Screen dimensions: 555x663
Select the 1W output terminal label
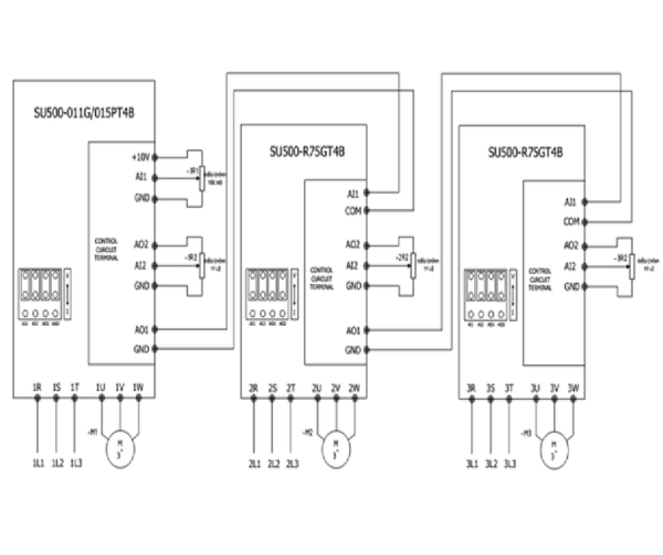pos(138,387)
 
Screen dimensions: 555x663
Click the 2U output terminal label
pos(317,387)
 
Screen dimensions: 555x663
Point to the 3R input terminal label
pos(471,387)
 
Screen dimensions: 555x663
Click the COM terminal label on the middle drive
pos(353,210)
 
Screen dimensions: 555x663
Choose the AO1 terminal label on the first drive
pos(140,329)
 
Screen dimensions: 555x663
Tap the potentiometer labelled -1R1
pos(201,177)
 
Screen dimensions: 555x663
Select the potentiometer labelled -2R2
pos(413,265)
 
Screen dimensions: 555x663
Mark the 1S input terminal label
pos(56,387)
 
